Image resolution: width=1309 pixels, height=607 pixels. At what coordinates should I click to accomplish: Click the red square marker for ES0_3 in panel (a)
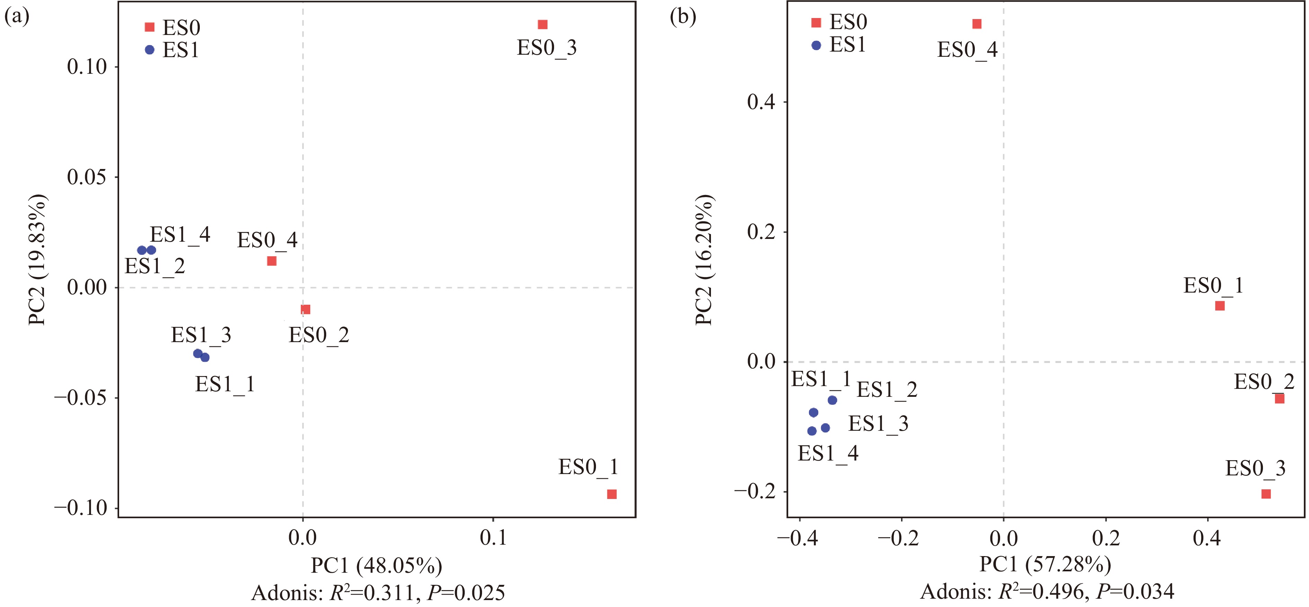(x=542, y=24)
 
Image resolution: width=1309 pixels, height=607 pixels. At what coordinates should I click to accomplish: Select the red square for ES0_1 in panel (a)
(x=612, y=494)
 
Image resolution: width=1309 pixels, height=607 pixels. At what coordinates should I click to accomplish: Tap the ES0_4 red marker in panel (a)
(x=272, y=261)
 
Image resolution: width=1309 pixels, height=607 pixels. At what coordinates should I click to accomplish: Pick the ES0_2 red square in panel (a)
(x=305, y=309)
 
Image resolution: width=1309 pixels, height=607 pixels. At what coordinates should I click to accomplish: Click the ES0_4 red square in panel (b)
(x=977, y=24)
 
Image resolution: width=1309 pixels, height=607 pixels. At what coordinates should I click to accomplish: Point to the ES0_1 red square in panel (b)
(x=1220, y=306)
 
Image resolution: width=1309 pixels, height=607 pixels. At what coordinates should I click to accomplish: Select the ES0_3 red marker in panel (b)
(x=1266, y=494)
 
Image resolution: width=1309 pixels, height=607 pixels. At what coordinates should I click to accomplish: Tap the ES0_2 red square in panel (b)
(x=1280, y=399)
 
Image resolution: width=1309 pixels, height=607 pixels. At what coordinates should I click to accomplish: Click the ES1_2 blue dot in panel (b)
(x=832, y=400)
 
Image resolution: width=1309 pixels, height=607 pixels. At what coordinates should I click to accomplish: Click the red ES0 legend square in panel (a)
(x=149, y=27)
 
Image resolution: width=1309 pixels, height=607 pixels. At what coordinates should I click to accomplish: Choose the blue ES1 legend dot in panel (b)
(x=816, y=45)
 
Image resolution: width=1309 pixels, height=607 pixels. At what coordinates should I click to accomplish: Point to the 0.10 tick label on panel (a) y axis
(x=87, y=66)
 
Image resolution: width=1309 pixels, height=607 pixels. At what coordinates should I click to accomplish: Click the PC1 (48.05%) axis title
(x=376, y=565)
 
